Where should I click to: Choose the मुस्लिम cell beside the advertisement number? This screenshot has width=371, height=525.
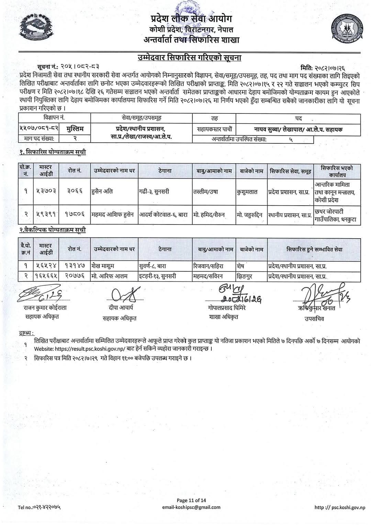click(75, 129)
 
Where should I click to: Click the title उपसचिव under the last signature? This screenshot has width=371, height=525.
click(314, 318)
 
